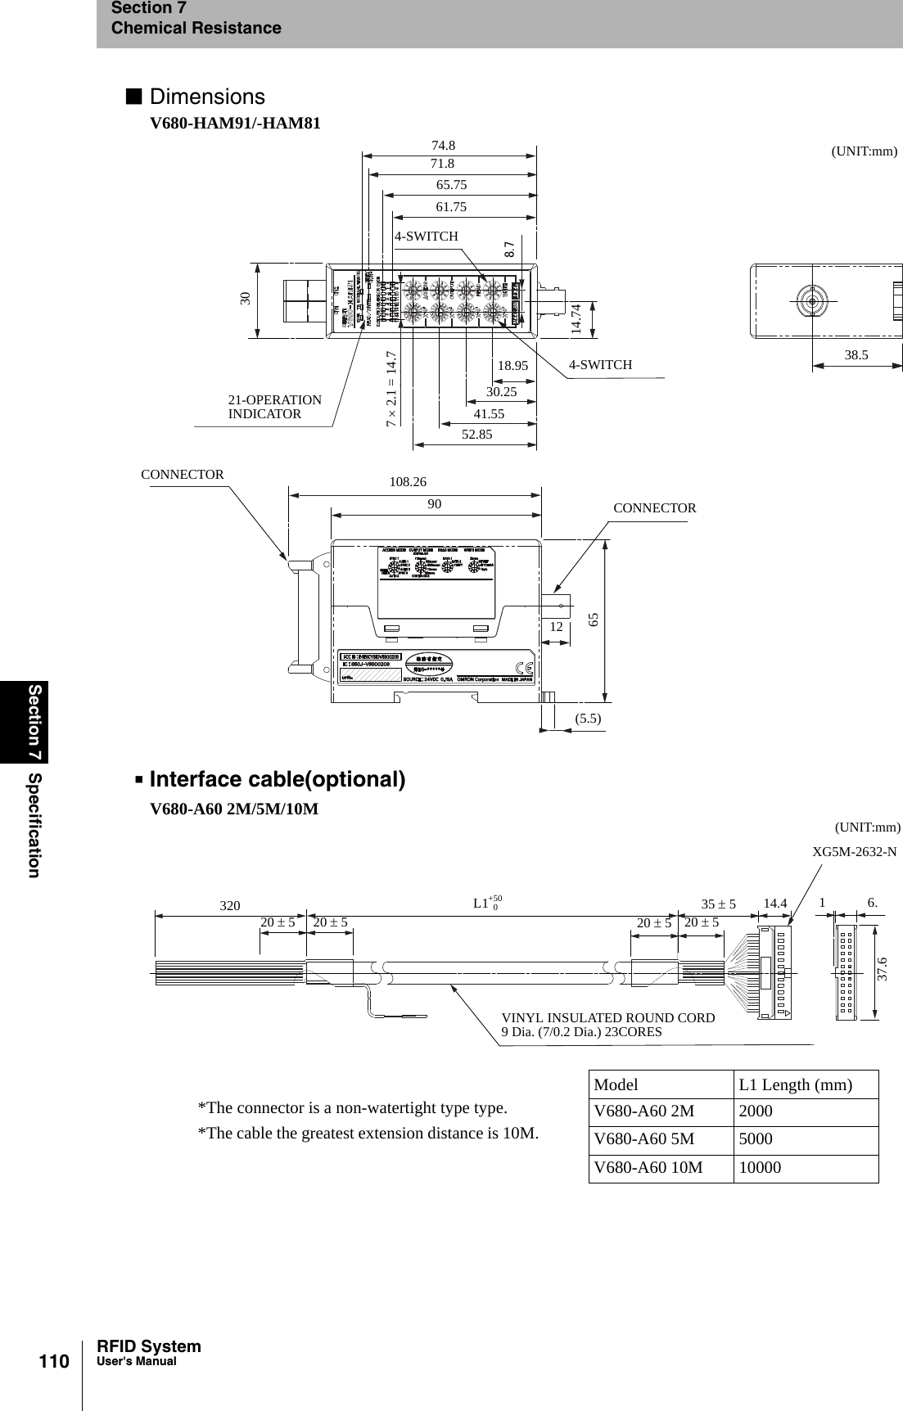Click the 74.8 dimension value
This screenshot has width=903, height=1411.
point(443,146)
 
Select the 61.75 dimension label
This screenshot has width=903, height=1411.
point(451,207)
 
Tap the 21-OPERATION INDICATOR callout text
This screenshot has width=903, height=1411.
point(274,407)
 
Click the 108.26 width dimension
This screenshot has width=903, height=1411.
point(408,482)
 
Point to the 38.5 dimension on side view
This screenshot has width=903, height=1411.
point(856,355)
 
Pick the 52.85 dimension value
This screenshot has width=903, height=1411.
point(477,435)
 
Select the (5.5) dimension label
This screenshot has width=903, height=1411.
point(588,718)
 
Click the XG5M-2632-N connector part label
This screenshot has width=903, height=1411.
point(854,852)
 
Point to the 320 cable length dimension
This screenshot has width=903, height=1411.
point(230,906)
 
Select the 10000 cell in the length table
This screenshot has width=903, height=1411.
point(760,1168)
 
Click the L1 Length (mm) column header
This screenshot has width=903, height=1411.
point(795,1085)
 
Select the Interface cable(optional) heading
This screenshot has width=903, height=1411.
point(277,778)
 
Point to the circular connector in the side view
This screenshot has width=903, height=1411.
point(811,300)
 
